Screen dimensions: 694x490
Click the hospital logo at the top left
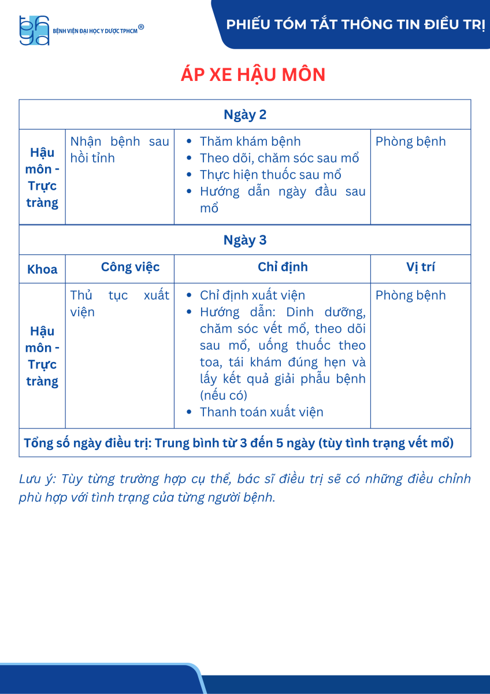pyautogui.click(x=34, y=30)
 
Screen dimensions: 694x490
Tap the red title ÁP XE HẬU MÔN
pyautogui.click(x=245, y=75)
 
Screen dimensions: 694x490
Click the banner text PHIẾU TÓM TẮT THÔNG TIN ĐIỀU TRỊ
pyautogui.click(x=355, y=24)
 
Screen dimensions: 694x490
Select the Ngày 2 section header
pyautogui.click(x=245, y=115)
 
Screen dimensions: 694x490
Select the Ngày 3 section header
pyautogui.click(x=245, y=240)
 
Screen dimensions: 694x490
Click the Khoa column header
pyautogui.click(x=42, y=270)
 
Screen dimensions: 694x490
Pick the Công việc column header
pyautogui.click(x=130, y=267)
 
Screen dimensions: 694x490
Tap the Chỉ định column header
pyautogui.click(x=283, y=267)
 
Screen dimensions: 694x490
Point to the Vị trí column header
pyautogui.click(x=421, y=267)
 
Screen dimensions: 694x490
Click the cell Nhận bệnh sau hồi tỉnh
pyautogui.click(x=120, y=150)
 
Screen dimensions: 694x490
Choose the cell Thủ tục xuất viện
pyautogui.click(x=120, y=304)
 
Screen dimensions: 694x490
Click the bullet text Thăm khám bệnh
pyautogui.click(x=250, y=142)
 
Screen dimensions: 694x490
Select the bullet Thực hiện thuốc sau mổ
pyautogui.click(x=270, y=175)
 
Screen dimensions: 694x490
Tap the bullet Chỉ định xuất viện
pyautogui.click(x=253, y=296)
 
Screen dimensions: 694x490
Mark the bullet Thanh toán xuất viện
pyautogui.click(x=261, y=412)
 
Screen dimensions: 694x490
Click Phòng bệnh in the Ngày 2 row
pyautogui.click(x=411, y=142)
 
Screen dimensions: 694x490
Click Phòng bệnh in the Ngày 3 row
pyautogui.click(x=411, y=296)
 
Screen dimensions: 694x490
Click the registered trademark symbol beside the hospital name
pyautogui.click(x=141, y=27)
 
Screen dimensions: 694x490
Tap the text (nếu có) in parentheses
pyautogui.click(x=224, y=396)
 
